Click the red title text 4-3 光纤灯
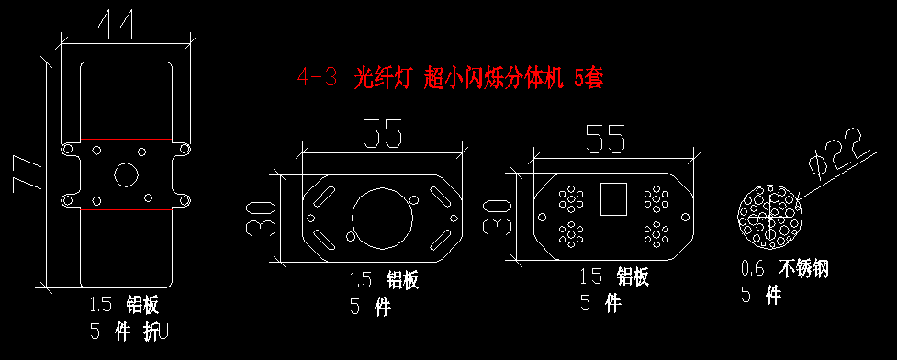tap(353, 78)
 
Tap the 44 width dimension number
tap(118, 25)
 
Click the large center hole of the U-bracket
tap(125, 174)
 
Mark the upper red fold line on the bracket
tap(126, 139)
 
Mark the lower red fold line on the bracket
tap(126, 209)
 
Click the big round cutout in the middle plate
tap(382, 218)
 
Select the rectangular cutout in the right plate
tap(613, 198)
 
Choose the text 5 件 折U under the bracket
tap(129, 332)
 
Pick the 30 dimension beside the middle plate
tap(260, 219)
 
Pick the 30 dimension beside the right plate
tap(496, 217)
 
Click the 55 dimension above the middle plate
tap(382, 133)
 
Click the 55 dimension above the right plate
tap(604, 140)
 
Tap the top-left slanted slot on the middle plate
tap(323, 197)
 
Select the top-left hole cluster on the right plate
tap(570, 198)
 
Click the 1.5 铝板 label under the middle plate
tap(384, 280)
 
